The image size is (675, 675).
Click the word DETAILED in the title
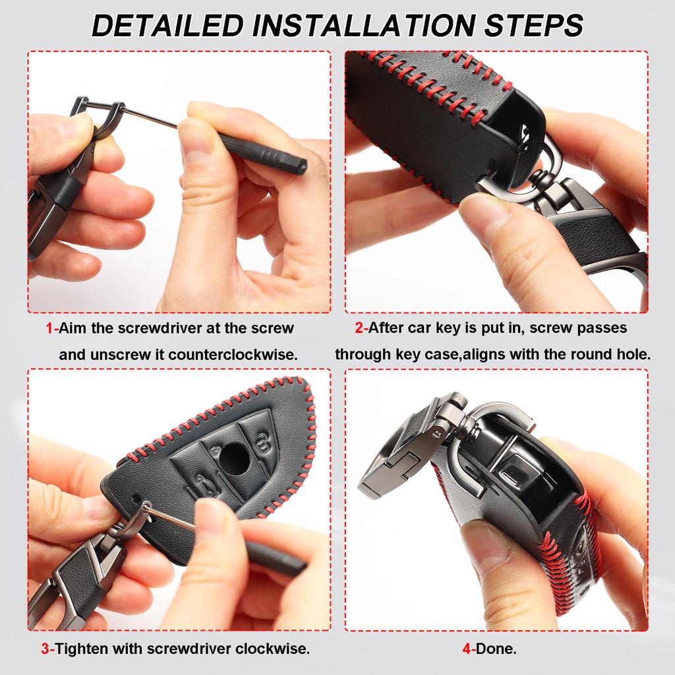tap(168, 25)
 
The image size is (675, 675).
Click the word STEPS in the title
tap(533, 25)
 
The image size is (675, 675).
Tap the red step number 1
tap(49, 328)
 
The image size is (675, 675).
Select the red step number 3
tap(45, 649)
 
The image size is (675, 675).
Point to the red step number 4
tap(467, 649)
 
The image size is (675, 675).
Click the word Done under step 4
tap(496, 649)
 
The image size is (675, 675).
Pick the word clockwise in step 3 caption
tap(272, 649)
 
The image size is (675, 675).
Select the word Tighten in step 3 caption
tap(81, 649)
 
